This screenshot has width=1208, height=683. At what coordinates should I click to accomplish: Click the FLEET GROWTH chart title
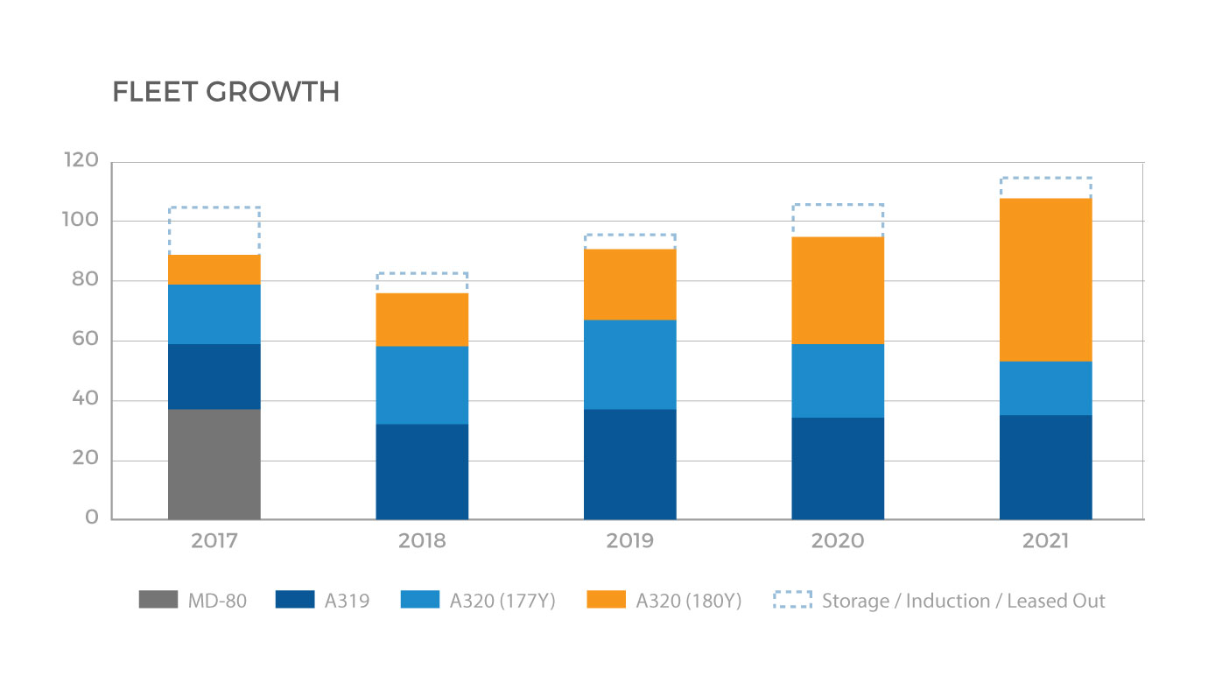click(226, 93)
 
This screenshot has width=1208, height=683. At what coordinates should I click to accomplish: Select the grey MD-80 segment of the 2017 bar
click(214, 464)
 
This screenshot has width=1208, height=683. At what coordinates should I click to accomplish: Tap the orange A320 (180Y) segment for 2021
click(1046, 280)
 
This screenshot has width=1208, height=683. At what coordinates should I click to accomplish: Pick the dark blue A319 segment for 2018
click(422, 472)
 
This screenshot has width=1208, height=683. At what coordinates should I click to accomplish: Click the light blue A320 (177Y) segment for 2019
click(630, 364)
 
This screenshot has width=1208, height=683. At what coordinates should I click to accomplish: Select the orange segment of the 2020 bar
click(838, 291)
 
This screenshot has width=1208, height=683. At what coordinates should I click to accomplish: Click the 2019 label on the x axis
click(630, 541)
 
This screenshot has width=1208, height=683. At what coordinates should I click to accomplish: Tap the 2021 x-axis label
click(1046, 541)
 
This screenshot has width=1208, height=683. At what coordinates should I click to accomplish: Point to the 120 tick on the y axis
click(81, 161)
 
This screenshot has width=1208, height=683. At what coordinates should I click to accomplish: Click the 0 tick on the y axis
click(92, 518)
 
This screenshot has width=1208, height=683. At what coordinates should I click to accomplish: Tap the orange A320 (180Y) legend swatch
click(608, 601)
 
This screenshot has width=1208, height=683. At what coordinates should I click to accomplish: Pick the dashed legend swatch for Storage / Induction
click(793, 601)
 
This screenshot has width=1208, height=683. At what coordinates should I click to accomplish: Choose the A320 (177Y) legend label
click(503, 602)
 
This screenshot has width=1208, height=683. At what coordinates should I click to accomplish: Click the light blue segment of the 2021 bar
click(1046, 388)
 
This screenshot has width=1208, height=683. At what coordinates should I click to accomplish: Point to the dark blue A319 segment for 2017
click(214, 377)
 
